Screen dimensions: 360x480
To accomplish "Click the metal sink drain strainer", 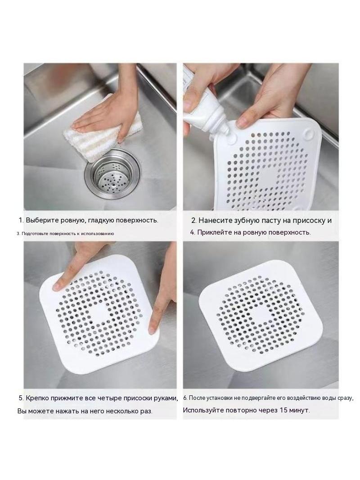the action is tap(113, 174).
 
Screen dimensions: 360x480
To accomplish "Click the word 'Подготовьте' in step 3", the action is tap(32, 234).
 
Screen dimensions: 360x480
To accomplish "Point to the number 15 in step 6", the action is tap(283, 410).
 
